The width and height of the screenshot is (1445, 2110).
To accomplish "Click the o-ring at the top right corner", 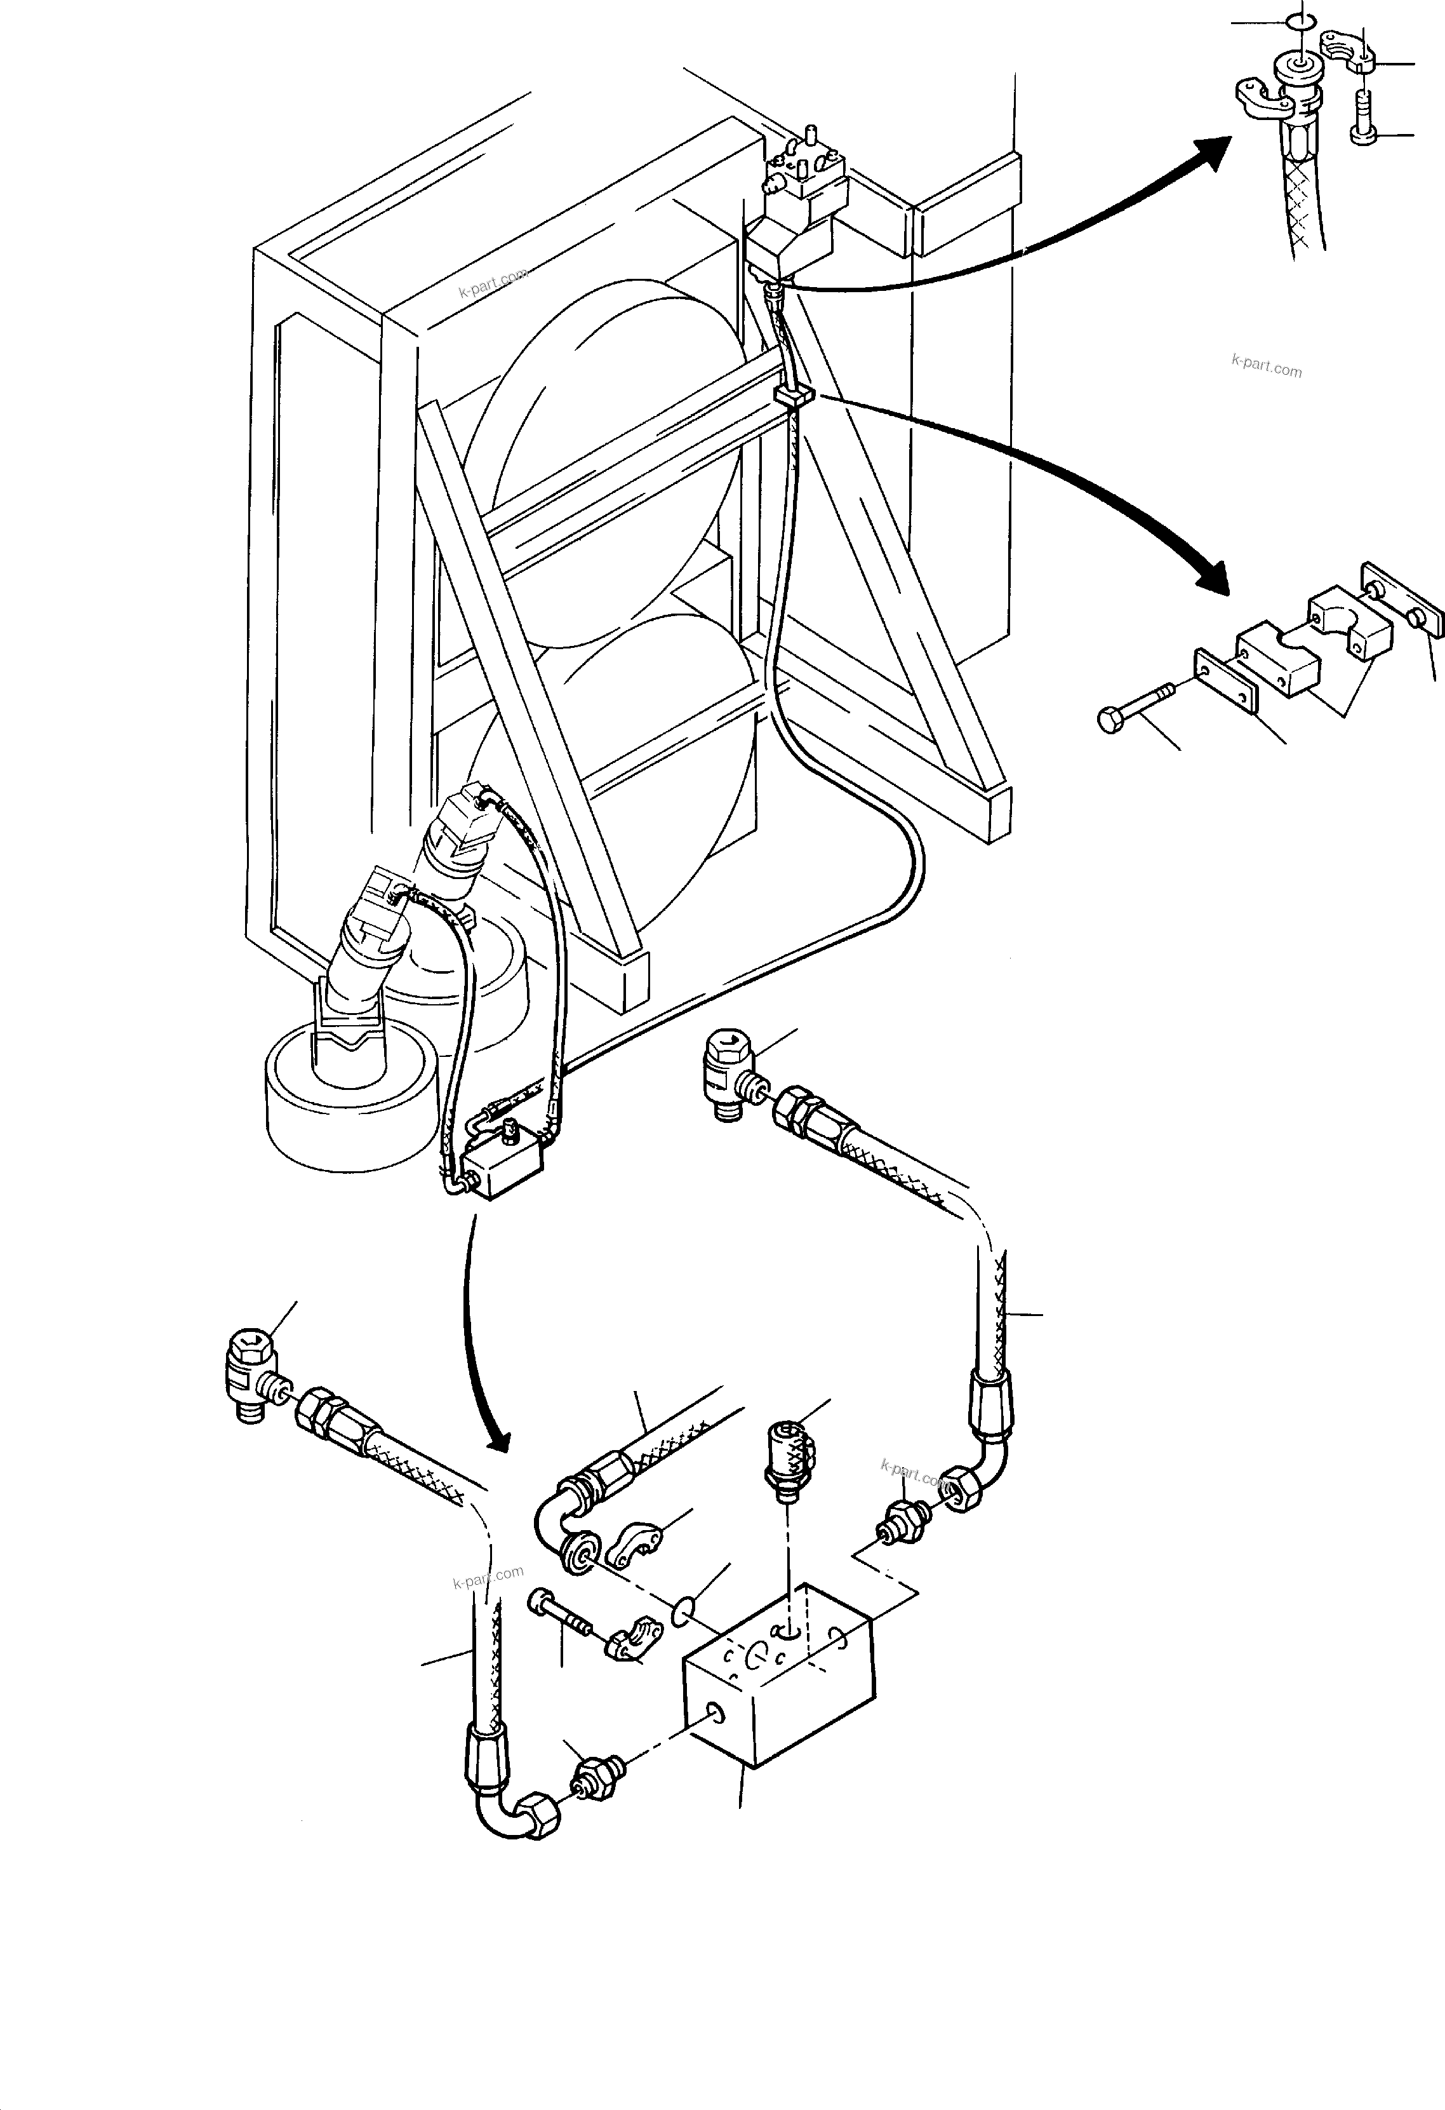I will coord(1301,21).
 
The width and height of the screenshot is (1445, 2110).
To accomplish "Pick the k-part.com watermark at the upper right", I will coord(1266,366).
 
